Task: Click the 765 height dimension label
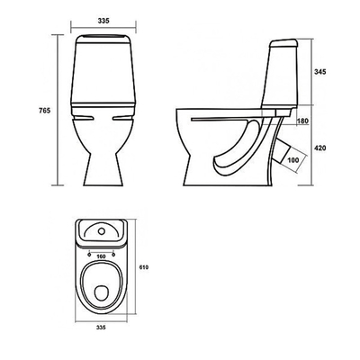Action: [44, 111]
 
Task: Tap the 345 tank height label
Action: [319, 72]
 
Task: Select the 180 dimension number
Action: [302, 121]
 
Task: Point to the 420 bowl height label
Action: [319, 148]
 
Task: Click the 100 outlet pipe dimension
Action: [292, 160]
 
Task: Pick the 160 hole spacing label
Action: [102, 256]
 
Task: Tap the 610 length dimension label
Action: [144, 267]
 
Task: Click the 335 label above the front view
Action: [103, 21]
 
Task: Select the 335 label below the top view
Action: [101, 328]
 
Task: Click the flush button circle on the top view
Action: [102, 231]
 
